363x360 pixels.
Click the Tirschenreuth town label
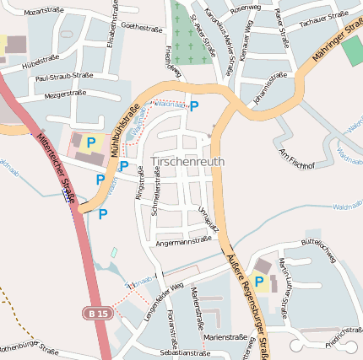[188, 162]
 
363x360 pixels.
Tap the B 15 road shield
[97, 313]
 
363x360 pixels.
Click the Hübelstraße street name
[40, 62]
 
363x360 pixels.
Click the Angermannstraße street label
[183, 241]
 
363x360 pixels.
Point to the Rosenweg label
[245, 8]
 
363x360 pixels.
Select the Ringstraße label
[140, 183]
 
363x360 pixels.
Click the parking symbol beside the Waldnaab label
[194, 106]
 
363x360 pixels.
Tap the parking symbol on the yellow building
[91, 143]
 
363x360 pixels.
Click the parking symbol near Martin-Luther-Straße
[259, 281]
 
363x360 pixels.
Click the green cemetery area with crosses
[187, 30]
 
